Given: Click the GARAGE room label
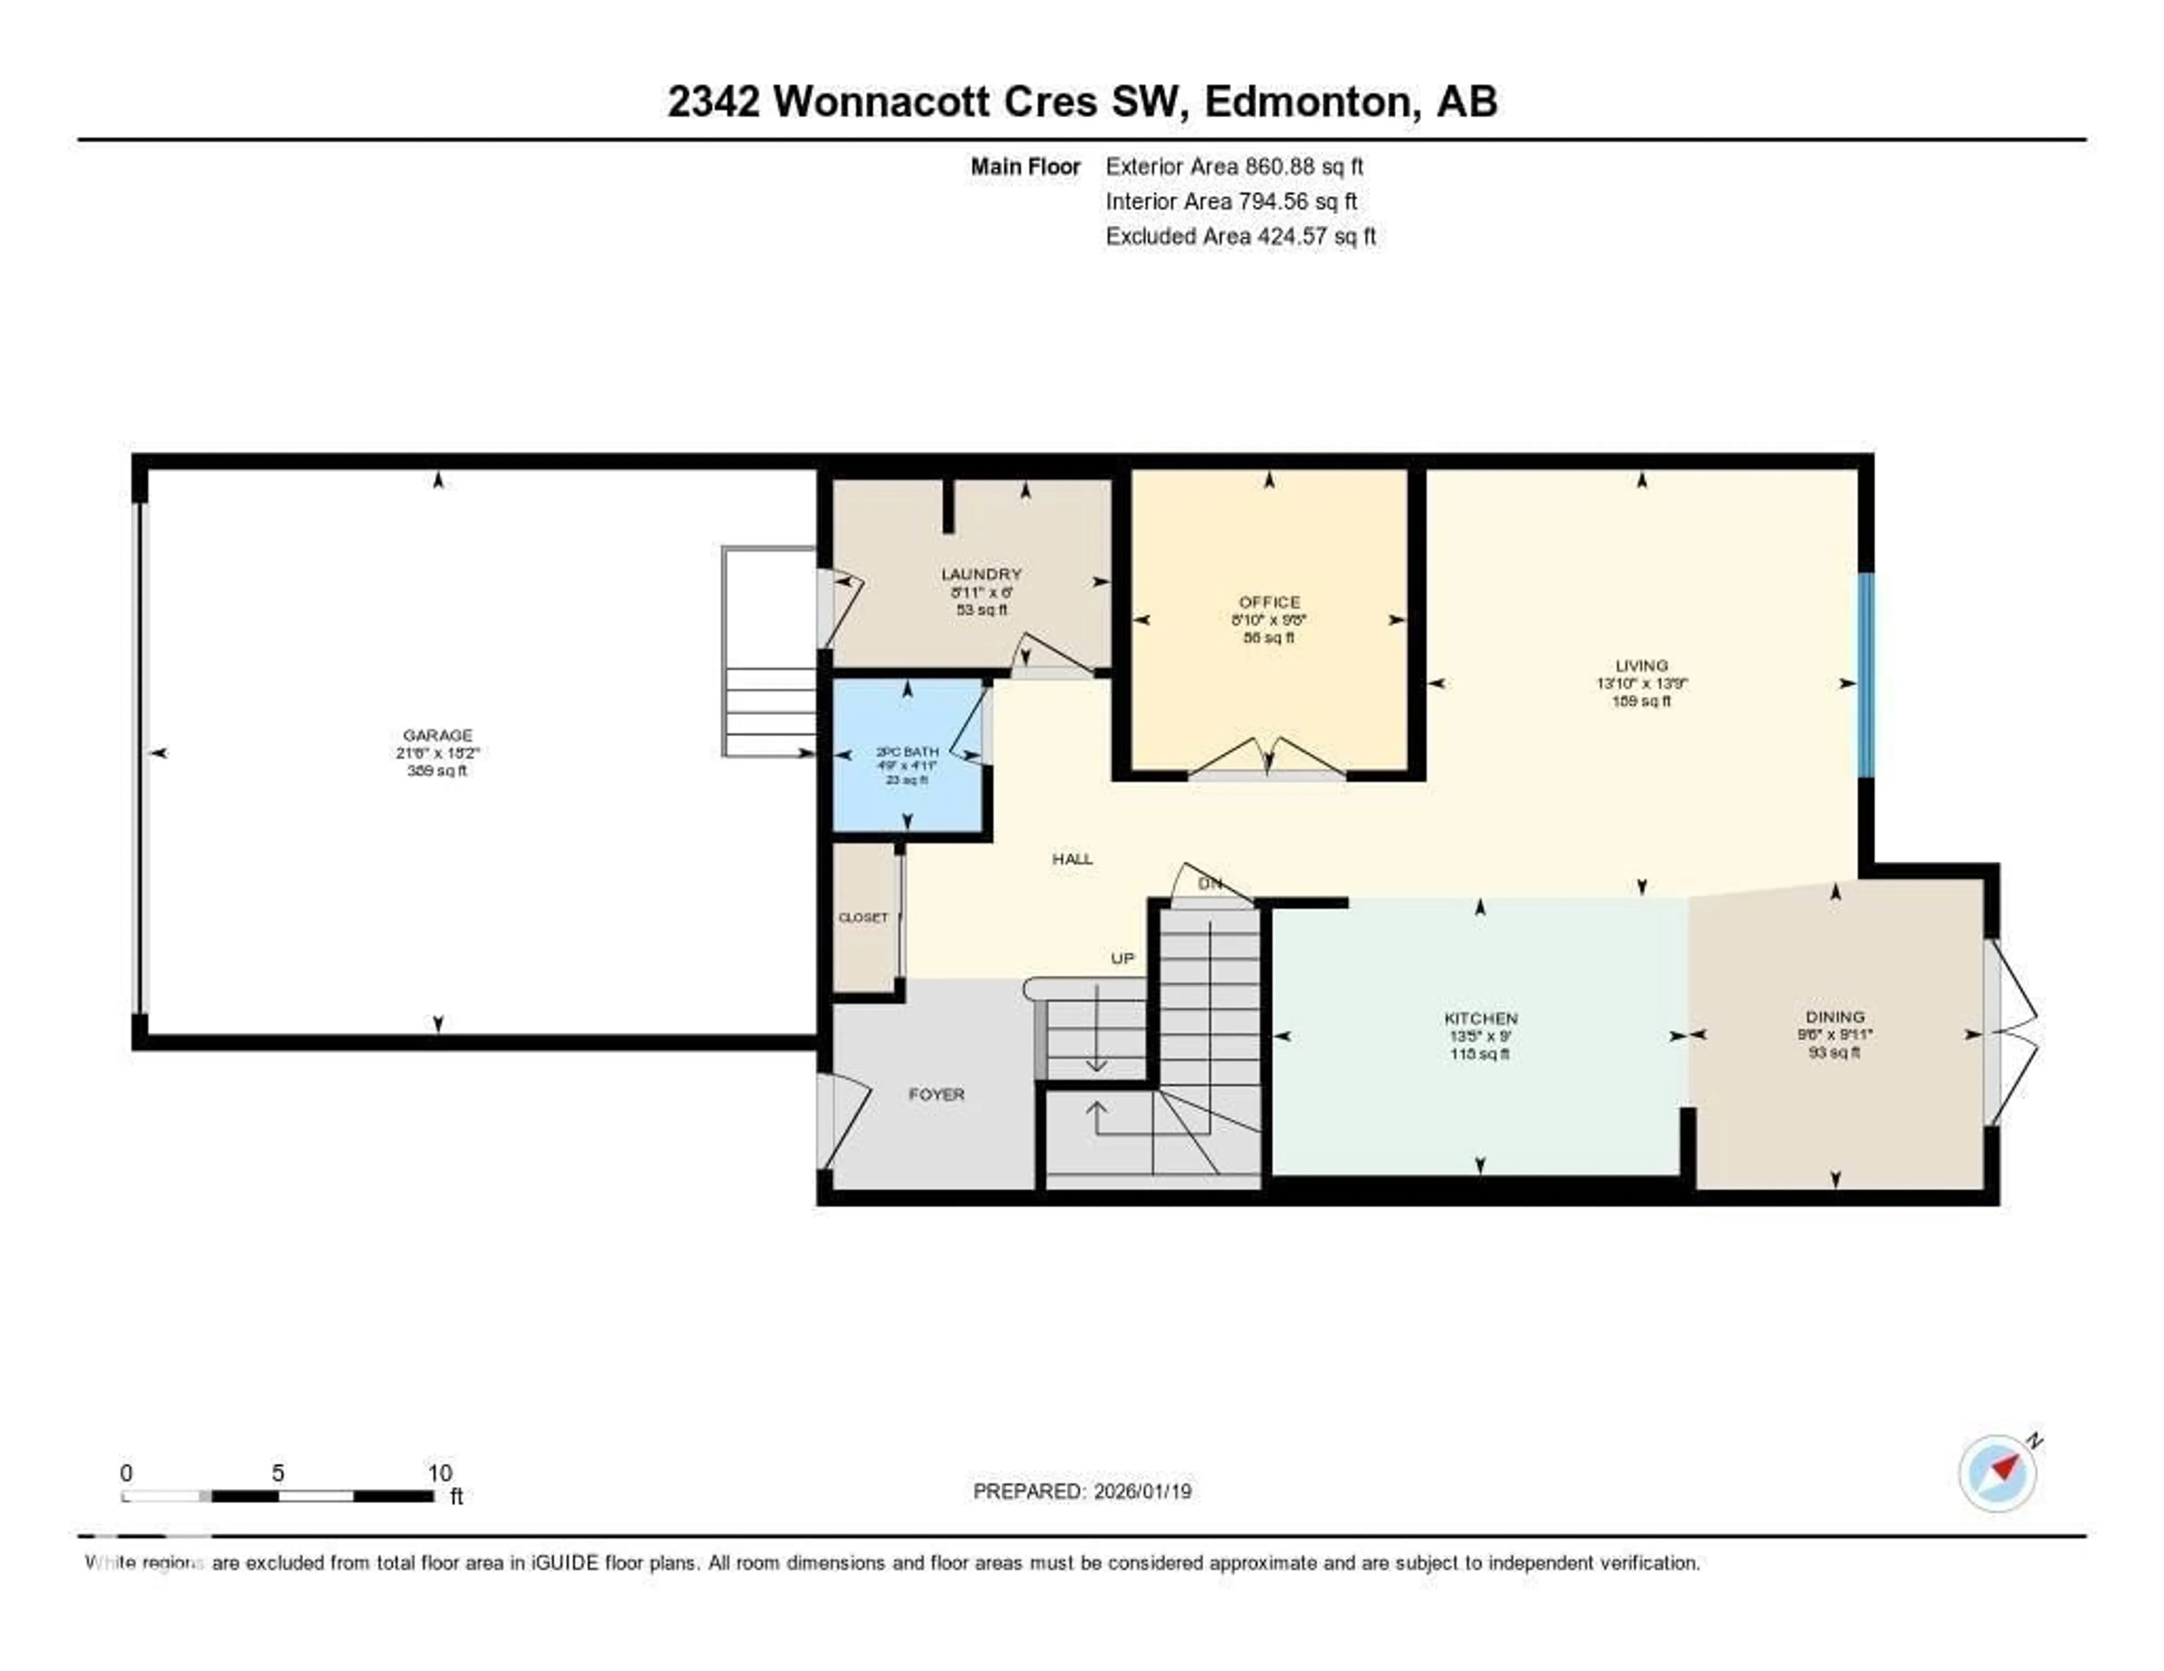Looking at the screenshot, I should pos(437,735).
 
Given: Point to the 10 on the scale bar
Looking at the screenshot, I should pos(440,1473).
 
